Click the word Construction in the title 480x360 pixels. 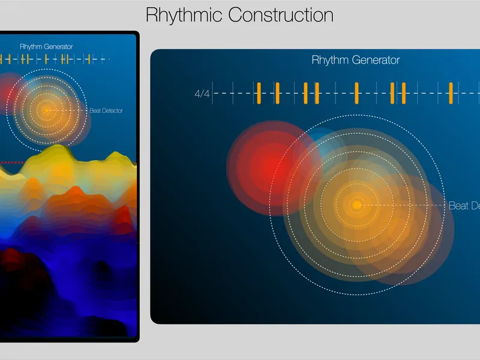[281, 14]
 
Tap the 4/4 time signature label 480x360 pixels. [202, 94]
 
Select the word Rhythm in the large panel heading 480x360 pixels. [328, 60]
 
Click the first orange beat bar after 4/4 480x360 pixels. [259, 93]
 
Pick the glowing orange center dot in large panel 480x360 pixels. [357, 205]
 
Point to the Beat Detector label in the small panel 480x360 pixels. [106, 110]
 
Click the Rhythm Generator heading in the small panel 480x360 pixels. [46, 47]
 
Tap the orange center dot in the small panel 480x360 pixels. [46, 110]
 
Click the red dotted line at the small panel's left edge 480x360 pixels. [11, 162]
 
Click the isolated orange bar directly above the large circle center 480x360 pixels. [356, 93]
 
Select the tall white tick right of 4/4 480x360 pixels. [212, 93]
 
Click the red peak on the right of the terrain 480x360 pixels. [125, 214]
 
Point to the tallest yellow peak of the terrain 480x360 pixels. [56, 150]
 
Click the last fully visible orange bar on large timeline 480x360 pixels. [451, 93]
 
